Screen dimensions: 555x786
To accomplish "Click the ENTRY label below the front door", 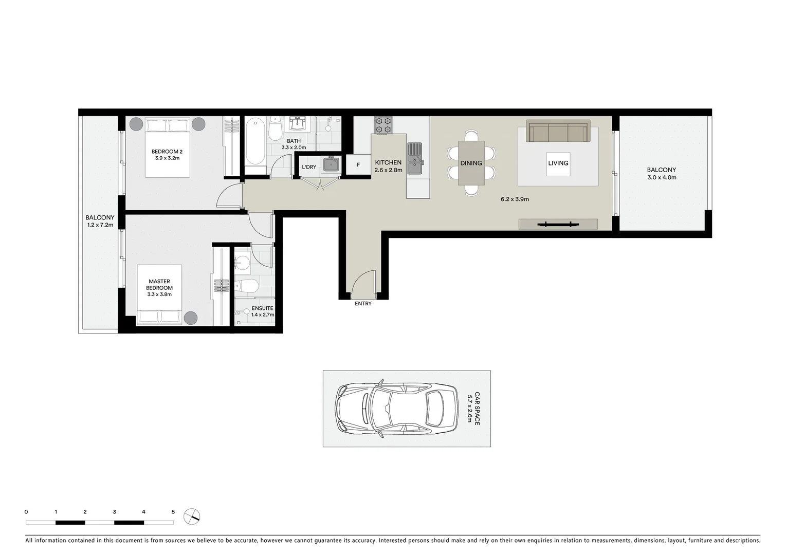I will tap(363, 304).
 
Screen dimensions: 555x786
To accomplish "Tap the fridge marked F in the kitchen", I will tap(358, 165).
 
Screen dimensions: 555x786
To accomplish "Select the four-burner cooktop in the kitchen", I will tap(382, 125).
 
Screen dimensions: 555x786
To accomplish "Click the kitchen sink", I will tap(414, 158).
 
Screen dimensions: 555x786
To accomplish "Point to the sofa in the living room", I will tap(558, 132).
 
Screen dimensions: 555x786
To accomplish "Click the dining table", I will tap(471, 163).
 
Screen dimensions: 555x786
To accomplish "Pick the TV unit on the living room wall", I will tap(558, 224).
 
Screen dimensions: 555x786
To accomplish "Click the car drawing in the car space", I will tap(396, 409).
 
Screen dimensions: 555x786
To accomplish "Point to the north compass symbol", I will tap(192, 516).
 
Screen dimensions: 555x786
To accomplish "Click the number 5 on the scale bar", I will tap(173, 512).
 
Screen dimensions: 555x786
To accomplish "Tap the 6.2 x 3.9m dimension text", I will tap(515, 199).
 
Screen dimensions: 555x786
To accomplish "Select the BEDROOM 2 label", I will tap(167, 152).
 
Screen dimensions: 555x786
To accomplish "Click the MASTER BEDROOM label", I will tap(159, 285).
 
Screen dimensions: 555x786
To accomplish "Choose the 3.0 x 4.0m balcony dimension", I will tap(662, 178).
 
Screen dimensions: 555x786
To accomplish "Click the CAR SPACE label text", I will tap(477, 409).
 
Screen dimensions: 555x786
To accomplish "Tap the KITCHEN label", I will tap(388, 162).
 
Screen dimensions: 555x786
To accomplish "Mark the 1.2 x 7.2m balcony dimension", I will tap(100, 225).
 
